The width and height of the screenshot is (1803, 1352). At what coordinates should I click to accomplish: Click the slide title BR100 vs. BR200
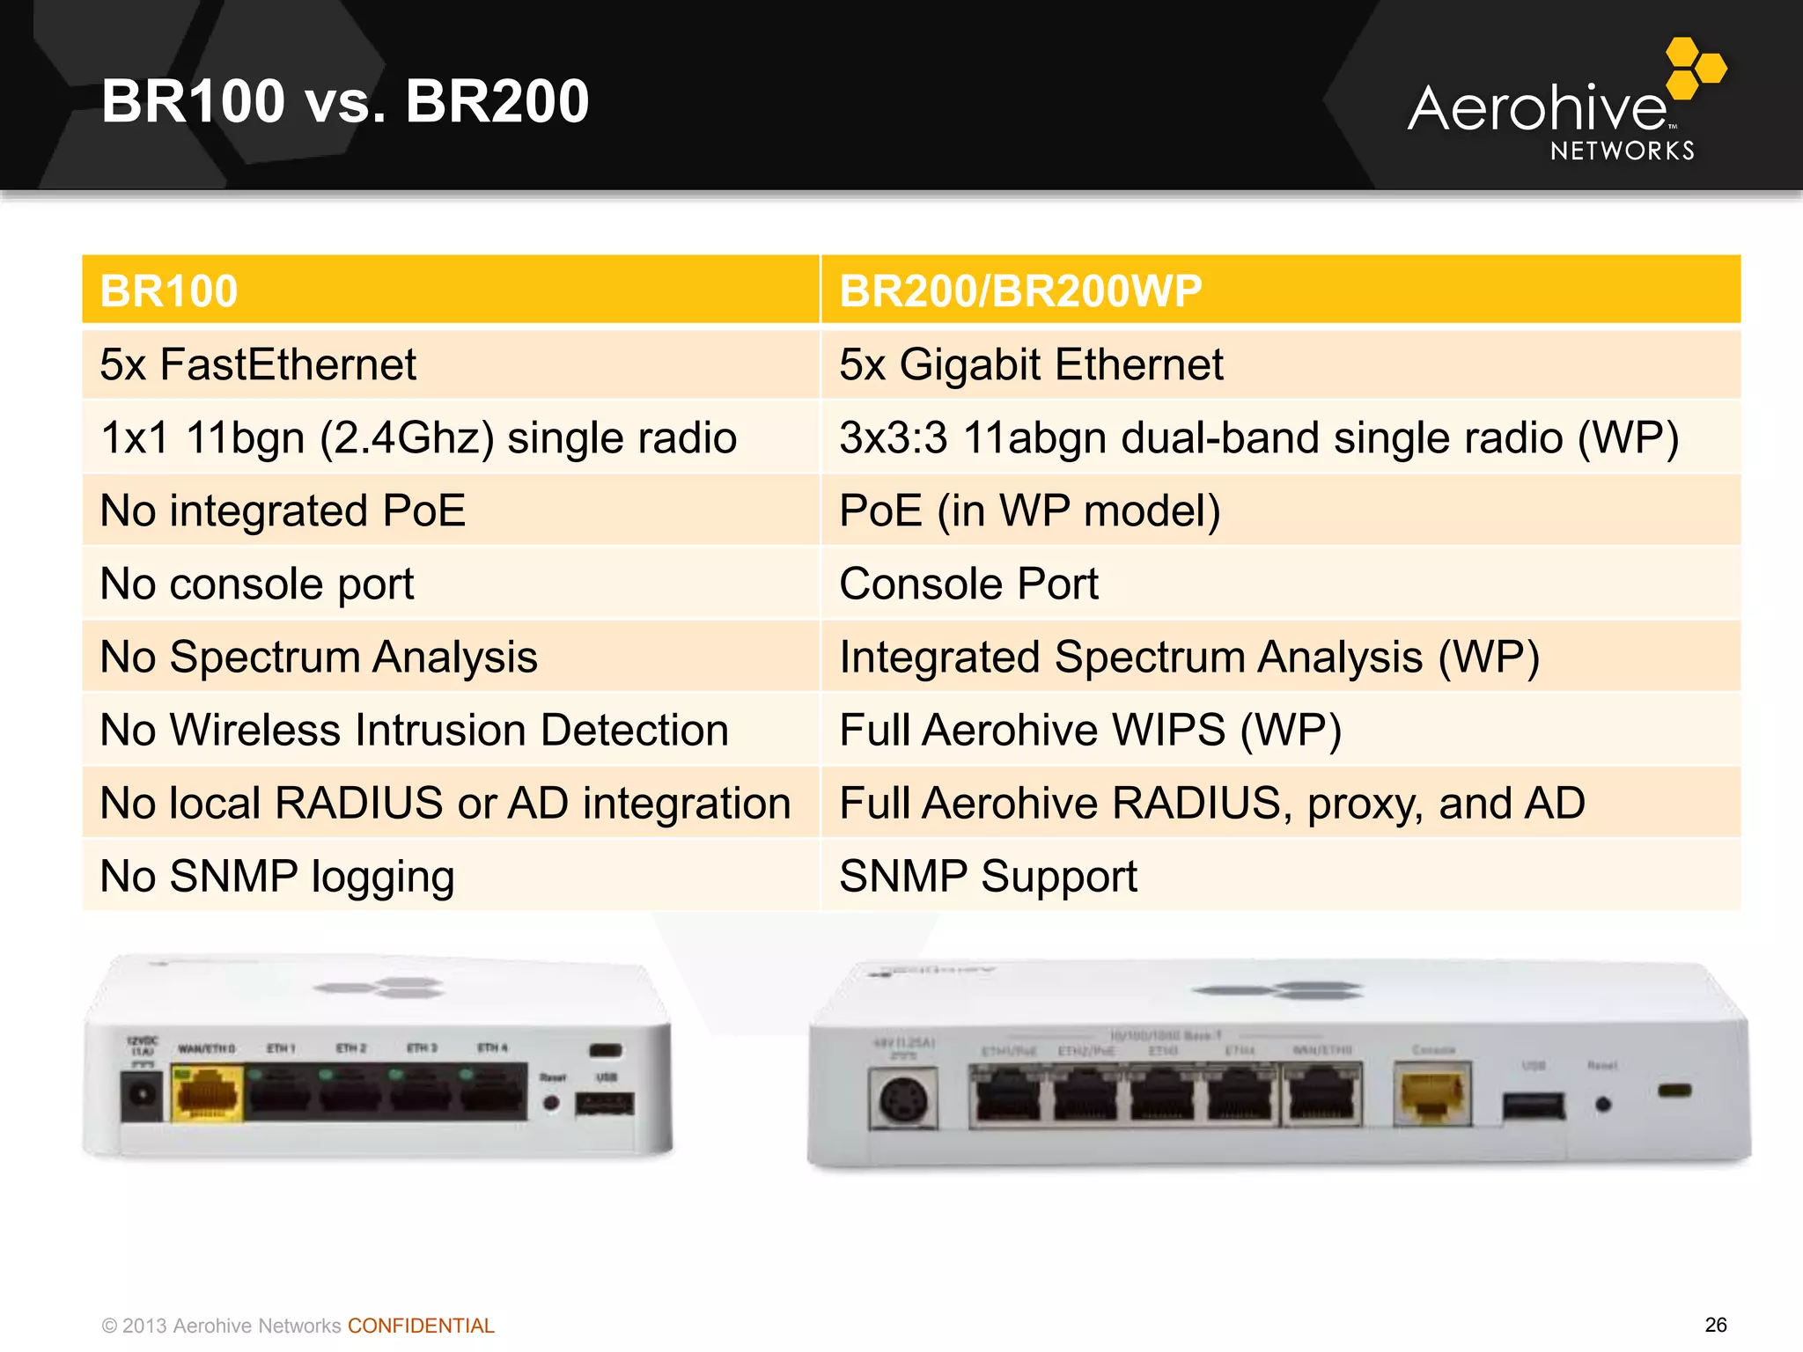click(345, 101)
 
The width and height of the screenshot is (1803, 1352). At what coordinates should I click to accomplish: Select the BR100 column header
click(450, 290)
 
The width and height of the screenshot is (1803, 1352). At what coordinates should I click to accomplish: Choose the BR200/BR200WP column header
click(1280, 290)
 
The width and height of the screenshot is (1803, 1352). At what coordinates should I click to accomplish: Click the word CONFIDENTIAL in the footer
click(421, 1326)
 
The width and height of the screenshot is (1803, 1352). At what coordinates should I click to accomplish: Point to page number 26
click(1715, 1325)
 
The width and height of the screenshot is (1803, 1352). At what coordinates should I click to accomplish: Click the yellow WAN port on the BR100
click(208, 1094)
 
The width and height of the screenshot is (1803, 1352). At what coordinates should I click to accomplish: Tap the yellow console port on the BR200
click(1432, 1094)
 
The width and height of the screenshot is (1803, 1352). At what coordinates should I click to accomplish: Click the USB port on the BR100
click(604, 1103)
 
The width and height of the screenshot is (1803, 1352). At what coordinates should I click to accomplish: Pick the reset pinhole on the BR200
click(1603, 1104)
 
